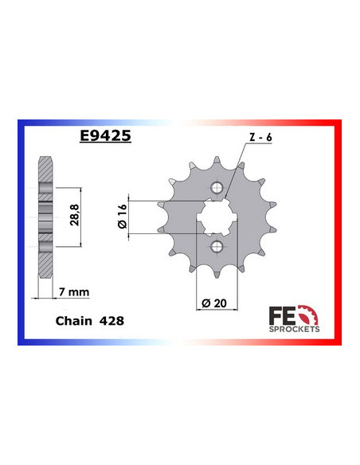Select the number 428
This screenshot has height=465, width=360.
tap(110, 323)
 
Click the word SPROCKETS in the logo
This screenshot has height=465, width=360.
tap(295, 328)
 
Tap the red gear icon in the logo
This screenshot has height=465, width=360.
tap(307, 312)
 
